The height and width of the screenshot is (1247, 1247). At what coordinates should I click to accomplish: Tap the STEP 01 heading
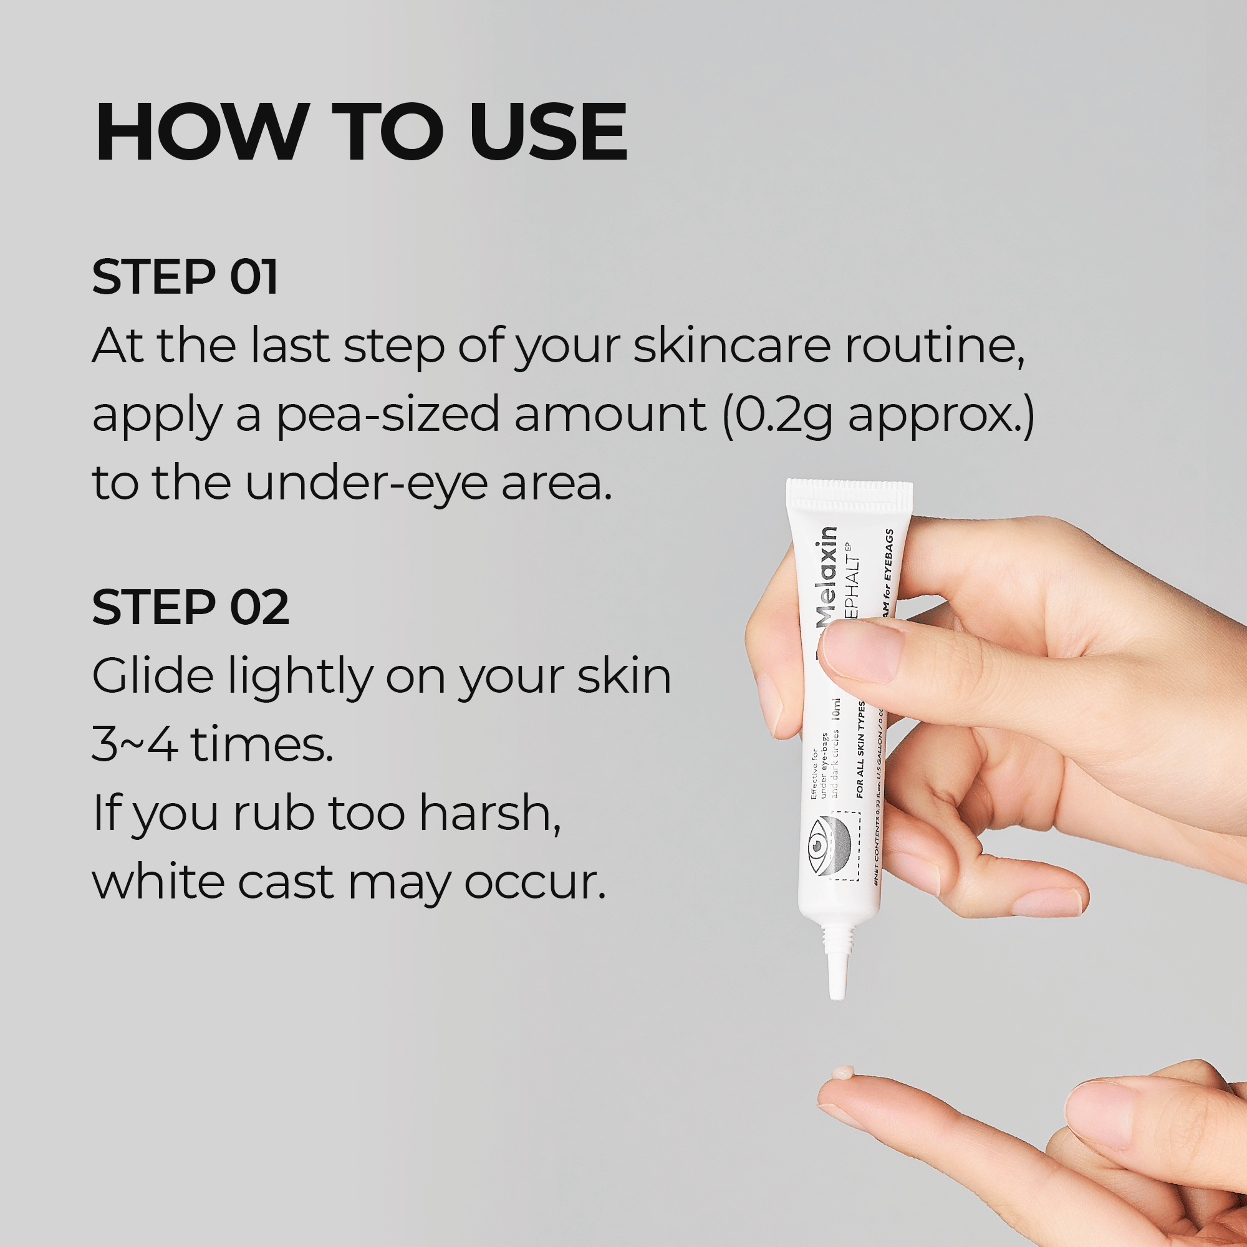pyautogui.click(x=185, y=277)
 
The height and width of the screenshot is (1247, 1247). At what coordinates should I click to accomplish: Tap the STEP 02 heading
pyautogui.click(x=190, y=607)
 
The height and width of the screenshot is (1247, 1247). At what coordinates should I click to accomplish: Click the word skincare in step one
pyautogui.click(x=731, y=346)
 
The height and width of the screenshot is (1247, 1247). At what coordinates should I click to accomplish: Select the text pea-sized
pyautogui.click(x=388, y=415)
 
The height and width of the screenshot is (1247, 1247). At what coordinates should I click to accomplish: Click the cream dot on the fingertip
pyautogui.click(x=843, y=1072)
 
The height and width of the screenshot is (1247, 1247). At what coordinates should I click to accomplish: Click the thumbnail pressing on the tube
pyautogui.click(x=865, y=652)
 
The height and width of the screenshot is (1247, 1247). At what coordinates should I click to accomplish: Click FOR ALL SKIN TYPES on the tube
pyautogui.click(x=861, y=752)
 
